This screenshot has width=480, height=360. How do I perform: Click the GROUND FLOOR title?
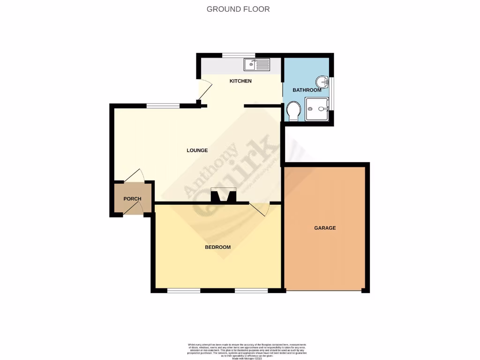point(238,9)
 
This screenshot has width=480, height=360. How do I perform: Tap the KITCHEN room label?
point(240,81)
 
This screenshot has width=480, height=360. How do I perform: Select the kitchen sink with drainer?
point(256,65)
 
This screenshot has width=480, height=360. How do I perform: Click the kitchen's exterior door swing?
point(204,91)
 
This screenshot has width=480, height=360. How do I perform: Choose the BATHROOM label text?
point(307,90)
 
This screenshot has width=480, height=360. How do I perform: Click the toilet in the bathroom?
point(293,111)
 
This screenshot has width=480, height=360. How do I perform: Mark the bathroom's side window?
point(332,93)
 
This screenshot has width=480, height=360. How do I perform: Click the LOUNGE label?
point(197,150)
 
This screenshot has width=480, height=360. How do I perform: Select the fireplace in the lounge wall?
point(223,195)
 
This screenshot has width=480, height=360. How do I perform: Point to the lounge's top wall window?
point(163,106)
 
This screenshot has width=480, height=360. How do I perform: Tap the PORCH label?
point(132,199)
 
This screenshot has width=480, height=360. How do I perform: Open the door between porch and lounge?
point(134,176)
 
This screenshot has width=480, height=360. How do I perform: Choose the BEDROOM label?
point(217,247)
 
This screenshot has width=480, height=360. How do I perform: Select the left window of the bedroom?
point(184,291)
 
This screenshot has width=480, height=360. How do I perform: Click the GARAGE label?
point(325,228)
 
